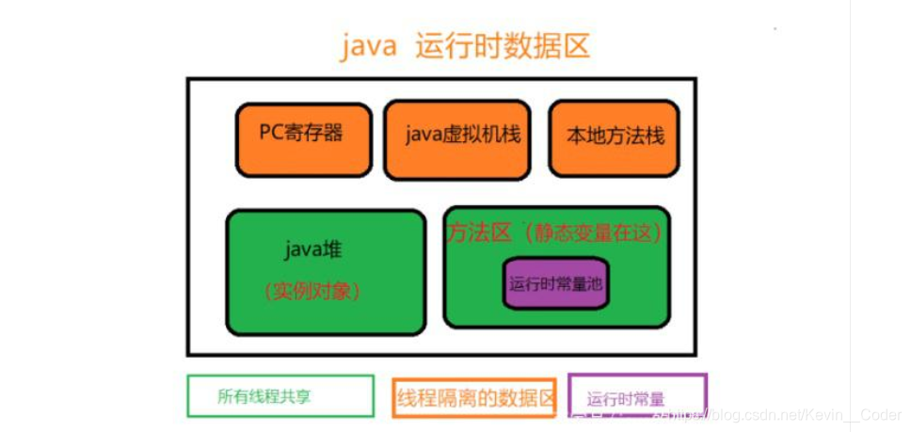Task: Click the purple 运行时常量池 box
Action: coord(555,282)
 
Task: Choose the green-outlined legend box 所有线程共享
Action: coord(280,395)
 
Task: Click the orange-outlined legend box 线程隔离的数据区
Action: coord(475,396)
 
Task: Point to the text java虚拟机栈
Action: coord(463,134)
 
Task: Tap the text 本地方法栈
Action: coord(615,136)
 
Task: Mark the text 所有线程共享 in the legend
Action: coord(264,396)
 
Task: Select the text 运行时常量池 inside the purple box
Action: coord(555,282)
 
